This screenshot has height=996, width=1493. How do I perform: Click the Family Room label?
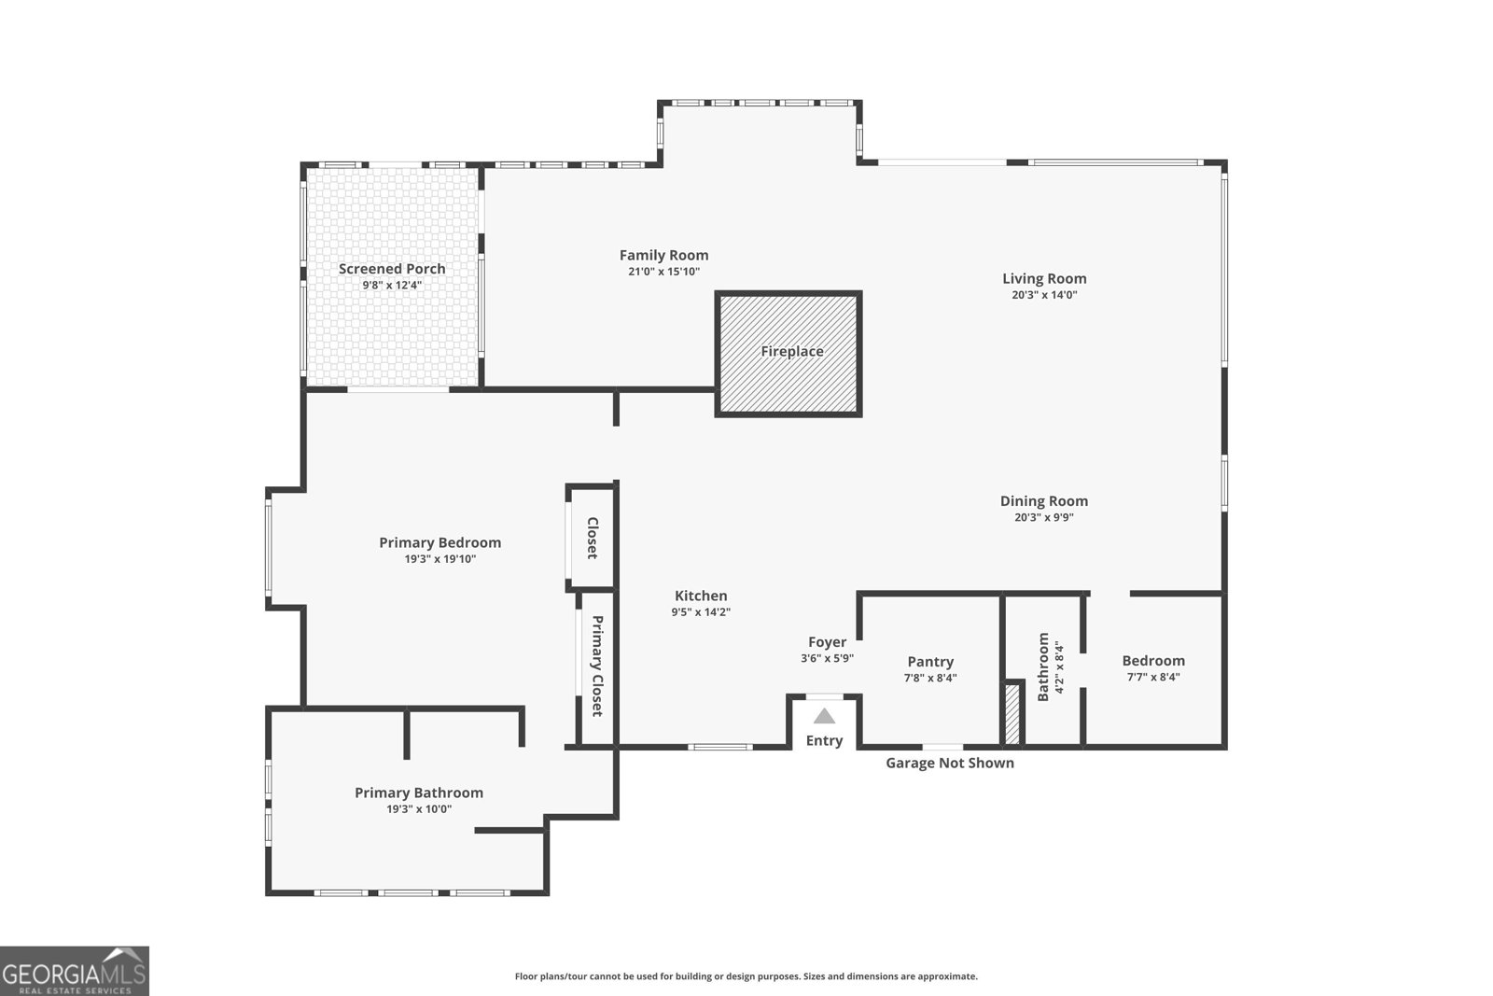[663, 255]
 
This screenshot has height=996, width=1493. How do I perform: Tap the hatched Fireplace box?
[788, 353]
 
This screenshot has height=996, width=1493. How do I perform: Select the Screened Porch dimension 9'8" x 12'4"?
[392, 286]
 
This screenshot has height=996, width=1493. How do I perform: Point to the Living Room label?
[1044, 278]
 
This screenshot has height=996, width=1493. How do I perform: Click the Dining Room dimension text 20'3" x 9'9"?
[1044, 517]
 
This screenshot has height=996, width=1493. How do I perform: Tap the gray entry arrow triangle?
[824, 716]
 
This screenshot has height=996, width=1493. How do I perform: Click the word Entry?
[824, 740]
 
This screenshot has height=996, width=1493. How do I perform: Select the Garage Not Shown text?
[949, 763]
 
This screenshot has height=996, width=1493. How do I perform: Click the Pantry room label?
[930, 662]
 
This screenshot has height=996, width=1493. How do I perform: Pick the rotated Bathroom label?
[1043, 666]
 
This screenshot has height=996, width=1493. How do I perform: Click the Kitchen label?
[701, 596]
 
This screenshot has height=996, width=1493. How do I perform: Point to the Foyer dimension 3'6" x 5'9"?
[827, 658]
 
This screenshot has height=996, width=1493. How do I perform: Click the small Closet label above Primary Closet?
[592, 538]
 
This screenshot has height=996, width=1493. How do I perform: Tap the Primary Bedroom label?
[440, 542]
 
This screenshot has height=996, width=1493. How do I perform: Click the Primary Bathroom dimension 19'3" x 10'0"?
[419, 809]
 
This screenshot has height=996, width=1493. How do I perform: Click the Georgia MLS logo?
[74, 971]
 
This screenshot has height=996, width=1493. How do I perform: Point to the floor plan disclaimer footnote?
[746, 976]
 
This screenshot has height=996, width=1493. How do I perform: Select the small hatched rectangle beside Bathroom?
[1012, 714]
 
